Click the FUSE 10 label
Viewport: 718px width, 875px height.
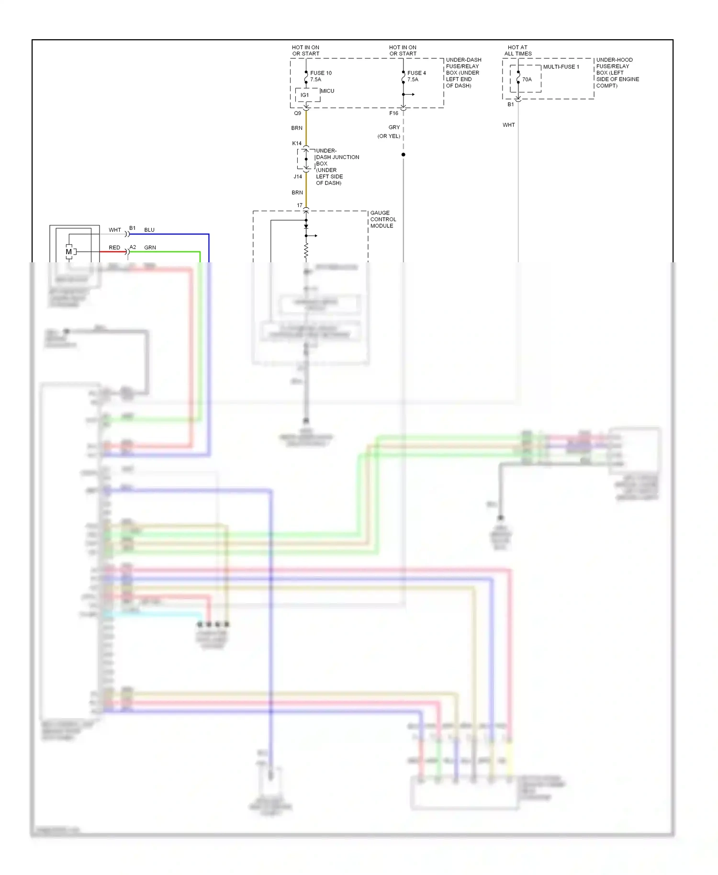321,73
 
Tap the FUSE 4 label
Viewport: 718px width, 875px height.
416,73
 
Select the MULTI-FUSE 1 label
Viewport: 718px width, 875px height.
561,67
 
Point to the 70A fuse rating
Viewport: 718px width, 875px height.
527,79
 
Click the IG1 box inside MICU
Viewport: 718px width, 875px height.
305,95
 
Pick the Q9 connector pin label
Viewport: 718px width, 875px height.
298,113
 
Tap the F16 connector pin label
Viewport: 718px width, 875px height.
393,113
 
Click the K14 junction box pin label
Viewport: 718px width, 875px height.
297,143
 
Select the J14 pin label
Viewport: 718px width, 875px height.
298,176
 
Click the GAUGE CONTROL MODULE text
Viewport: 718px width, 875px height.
383,219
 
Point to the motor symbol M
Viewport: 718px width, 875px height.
68,252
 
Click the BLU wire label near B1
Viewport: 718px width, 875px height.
149,230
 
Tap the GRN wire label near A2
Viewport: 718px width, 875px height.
150,247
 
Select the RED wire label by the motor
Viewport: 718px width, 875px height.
114,247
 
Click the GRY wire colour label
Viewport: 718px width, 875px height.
394,127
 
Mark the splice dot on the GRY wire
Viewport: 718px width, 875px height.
404,155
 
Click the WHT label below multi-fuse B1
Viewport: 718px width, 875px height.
508,125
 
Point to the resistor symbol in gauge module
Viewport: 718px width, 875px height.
306,251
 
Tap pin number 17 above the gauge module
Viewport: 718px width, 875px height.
300,205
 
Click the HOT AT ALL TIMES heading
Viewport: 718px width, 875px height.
517,50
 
